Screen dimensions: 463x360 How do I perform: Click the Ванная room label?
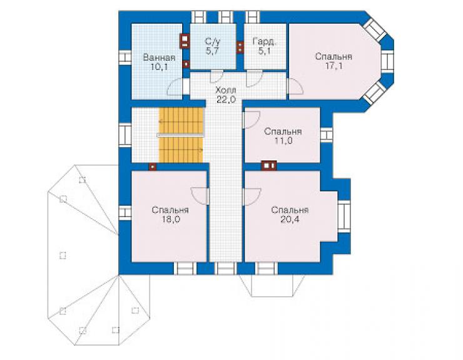click(159, 58)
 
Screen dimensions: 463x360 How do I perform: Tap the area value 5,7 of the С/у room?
click(212, 51)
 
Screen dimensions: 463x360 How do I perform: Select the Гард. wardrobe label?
click(264, 41)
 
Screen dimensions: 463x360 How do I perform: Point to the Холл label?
click(226, 90)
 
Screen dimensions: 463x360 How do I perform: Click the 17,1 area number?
click(334, 66)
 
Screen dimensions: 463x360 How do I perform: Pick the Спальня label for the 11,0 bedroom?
click(283, 131)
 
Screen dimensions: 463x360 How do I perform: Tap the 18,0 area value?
click(170, 219)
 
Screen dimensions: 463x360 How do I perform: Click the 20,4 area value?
click(290, 219)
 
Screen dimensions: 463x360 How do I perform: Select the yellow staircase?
click(181, 135)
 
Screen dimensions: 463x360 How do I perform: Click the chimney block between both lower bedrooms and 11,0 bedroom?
click(268, 166)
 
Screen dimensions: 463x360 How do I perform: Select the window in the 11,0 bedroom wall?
click(326, 135)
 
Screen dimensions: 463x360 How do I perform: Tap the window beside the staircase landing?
click(125, 135)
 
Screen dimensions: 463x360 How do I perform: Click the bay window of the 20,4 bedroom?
click(343, 217)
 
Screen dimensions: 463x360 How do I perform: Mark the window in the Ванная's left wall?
click(125, 58)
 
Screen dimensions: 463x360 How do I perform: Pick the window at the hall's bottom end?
click(225, 268)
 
